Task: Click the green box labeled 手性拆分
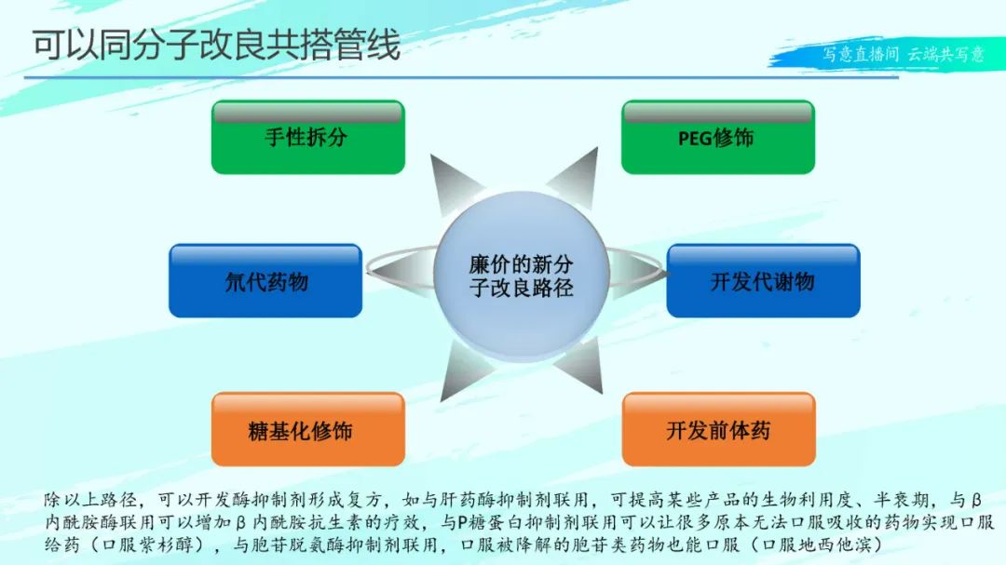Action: click(x=308, y=137)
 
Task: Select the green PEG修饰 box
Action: click(x=718, y=137)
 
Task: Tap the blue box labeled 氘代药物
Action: click(x=265, y=280)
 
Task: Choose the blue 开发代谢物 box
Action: click(x=764, y=280)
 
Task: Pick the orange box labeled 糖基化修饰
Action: click(x=308, y=429)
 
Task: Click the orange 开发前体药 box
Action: click(x=718, y=429)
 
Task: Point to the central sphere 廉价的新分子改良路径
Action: click(x=521, y=276)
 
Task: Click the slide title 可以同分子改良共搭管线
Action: click(x=216, y=45)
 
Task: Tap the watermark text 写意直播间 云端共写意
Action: click(x=904, y=54)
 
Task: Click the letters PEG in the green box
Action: click(x=695, y=138)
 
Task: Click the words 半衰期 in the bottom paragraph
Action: click(x=902, y=500)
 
